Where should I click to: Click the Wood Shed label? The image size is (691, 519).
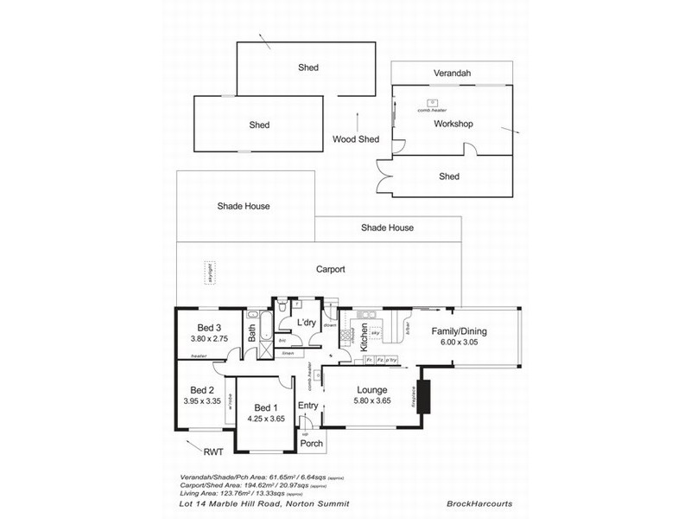356,139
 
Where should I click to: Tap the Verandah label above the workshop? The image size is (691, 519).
453,74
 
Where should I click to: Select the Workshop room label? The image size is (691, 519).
453,124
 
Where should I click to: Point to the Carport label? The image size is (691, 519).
330,269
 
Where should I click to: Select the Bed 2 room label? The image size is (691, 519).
201,389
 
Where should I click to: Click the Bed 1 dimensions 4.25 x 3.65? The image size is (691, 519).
265,419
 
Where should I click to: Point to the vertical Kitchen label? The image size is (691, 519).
365,331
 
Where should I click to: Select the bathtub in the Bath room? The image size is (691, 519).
265,330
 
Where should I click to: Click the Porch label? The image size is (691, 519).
312,443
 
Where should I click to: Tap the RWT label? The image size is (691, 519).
212,451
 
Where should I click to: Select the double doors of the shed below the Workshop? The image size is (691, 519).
384,176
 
